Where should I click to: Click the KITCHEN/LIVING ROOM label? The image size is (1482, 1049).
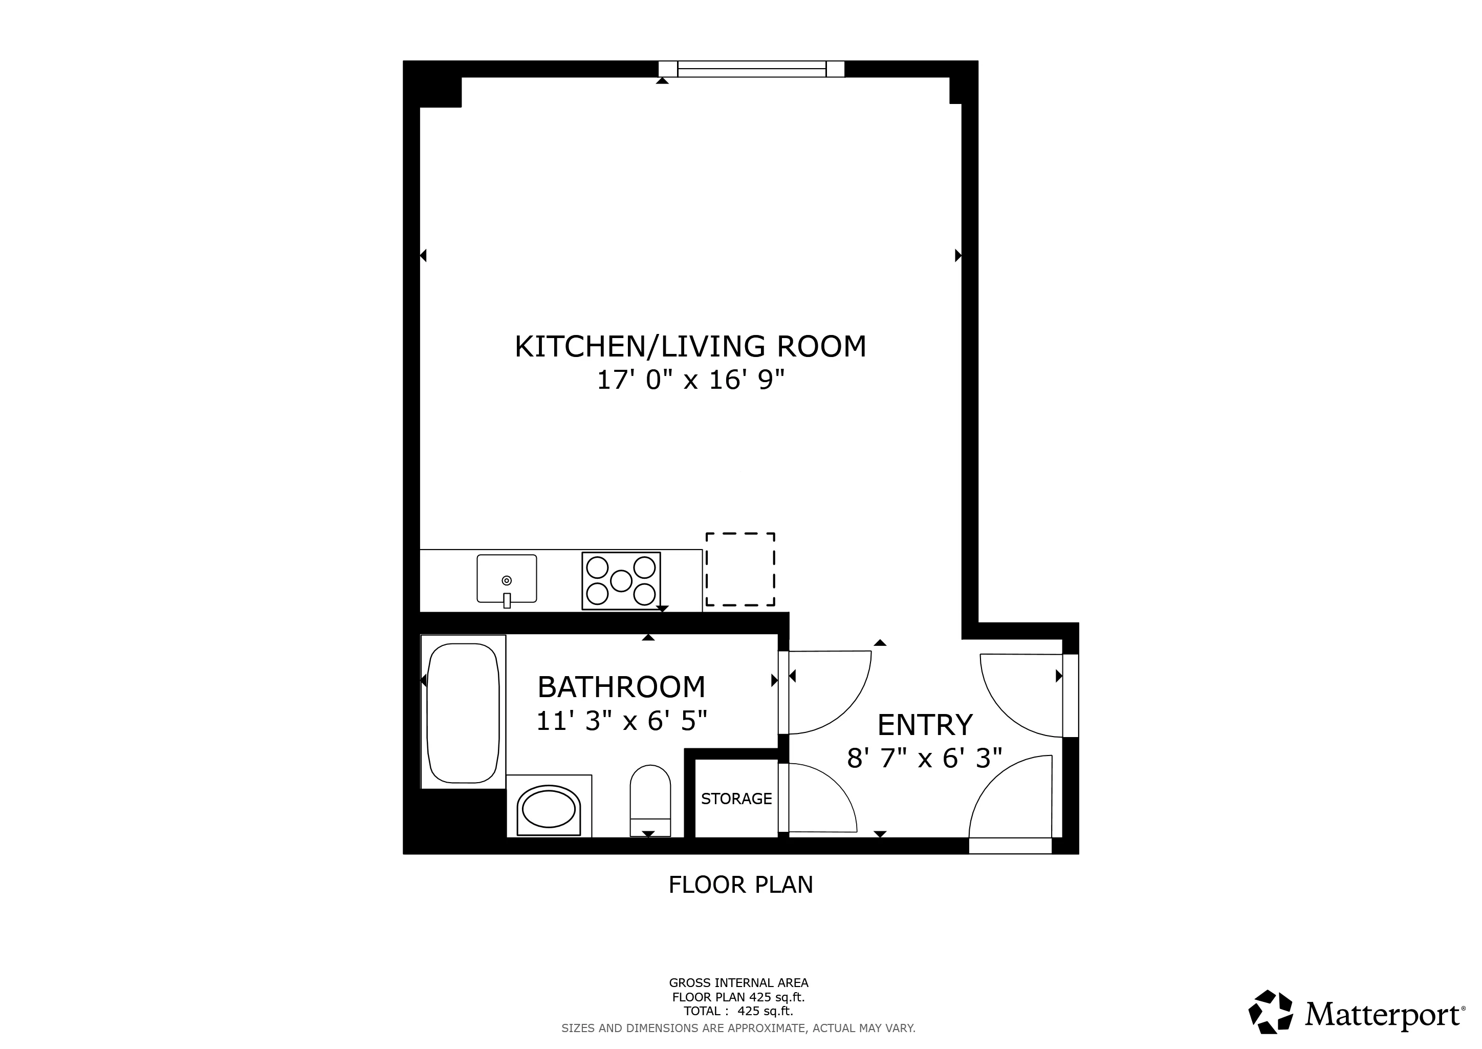click(690, 346)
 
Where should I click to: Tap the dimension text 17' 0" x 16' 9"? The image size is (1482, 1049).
click(690, 381)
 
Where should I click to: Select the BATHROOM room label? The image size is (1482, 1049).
click(621, 687)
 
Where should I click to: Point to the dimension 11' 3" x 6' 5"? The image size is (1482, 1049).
click(621, 721)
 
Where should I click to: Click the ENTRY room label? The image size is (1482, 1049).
click(924, 725)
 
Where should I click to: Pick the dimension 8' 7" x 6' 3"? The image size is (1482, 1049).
click(924, 759)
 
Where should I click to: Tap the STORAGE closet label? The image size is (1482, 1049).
click(736, 799)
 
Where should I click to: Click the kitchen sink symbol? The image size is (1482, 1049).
click(507, 579)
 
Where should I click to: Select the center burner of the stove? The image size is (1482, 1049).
click(621, 581)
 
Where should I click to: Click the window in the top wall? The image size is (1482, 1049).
click(751, 69)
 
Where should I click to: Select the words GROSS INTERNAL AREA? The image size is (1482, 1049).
click(738, 983)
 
